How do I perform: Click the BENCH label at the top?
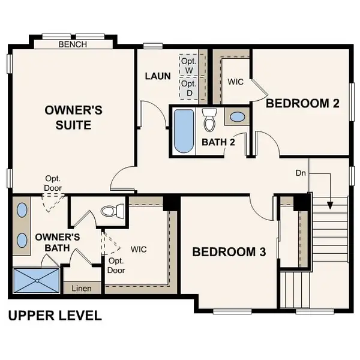coord(73,44)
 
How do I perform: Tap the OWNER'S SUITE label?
coord(74,118)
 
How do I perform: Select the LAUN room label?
coord(158,76)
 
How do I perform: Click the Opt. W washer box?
coord(189,65)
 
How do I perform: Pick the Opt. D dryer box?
coord(189,88)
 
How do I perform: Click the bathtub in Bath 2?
coord(183,131)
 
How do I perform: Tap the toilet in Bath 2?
coord(209,120)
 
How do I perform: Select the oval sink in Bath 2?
coord(238,116)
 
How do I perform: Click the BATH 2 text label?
coord(218,142)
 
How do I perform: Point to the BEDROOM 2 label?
coord(302,103)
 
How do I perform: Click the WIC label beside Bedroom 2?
coord(235,82)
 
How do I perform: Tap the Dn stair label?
coord(301,173)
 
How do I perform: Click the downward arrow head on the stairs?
coord(329,205)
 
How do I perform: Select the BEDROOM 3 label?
coord(229,252)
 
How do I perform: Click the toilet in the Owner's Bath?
coord(112,211)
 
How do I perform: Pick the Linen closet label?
coord(82,289)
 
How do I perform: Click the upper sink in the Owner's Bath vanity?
coord(22,211)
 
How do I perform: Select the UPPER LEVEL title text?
coord(55,315)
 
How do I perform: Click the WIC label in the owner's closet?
coord(138,248)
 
